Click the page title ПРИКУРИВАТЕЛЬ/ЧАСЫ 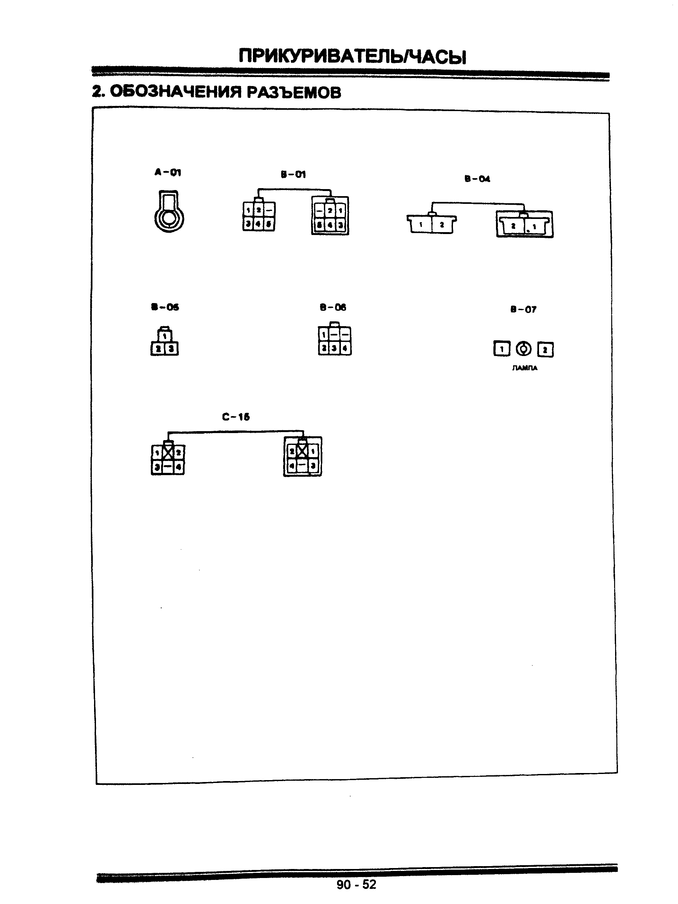(352, 56)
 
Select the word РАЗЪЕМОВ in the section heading (293, 92)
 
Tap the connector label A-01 (168, 172)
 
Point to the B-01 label (293, 175)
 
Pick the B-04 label (477, 178)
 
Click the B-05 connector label (165, 307)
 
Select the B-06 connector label (333, 307)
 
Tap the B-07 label (523, 309)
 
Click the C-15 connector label (236, 417)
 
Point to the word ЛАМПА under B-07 (524, 368)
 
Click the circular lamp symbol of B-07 (524, 349)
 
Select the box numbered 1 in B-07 (501, 349)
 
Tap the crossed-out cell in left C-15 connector (168, 452)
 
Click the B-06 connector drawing (334, 340)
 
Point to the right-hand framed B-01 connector (330, 216)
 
